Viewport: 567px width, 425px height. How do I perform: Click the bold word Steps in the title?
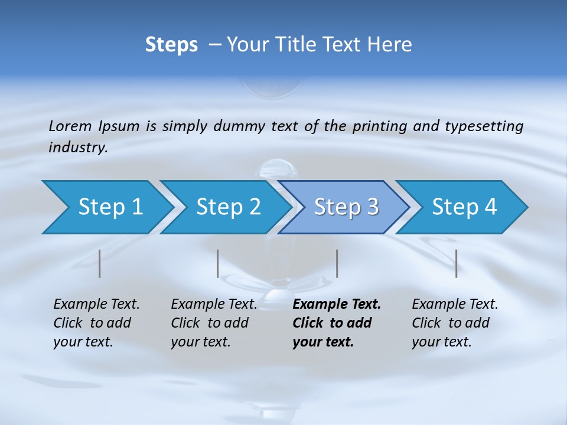pyautogui.click(x=171, y=45)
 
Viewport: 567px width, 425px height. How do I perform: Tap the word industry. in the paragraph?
pyautogui.click(x=78, y=147)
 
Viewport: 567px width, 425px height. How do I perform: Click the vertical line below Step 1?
pyautogui.click(x=100, y=263)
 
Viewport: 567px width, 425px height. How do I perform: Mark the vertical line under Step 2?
pyautogui.click(x=218, y=263)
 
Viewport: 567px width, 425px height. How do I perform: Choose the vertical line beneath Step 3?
pyautogui.click(x=337, y=263)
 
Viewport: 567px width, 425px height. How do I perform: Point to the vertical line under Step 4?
pyautogui.click(x=456, y=263)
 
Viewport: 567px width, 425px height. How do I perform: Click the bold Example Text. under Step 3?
pyautogui.click(x=337, y=305)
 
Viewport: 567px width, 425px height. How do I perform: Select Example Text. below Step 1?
pyautogui.click(x=96, y=305)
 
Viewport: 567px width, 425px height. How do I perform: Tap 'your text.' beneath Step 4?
pyautogui.click(x=441, y=342)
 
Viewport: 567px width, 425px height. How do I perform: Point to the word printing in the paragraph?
pyautogui.click(x=377, y=126)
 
